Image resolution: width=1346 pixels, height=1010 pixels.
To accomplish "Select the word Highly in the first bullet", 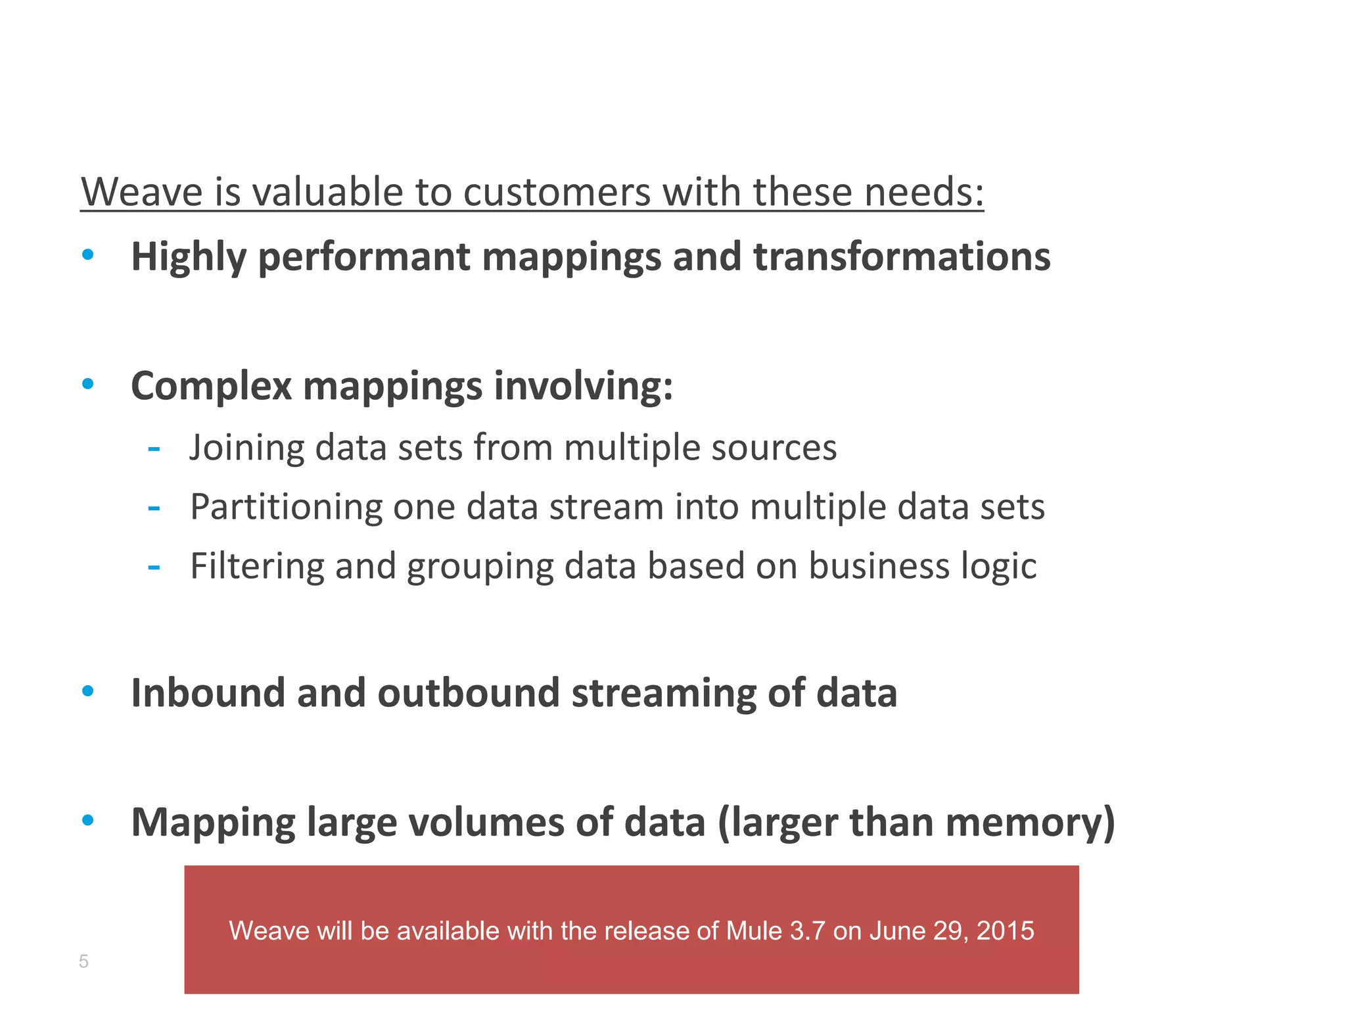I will point(189,257).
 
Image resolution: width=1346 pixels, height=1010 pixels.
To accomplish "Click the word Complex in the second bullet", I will point(211,386).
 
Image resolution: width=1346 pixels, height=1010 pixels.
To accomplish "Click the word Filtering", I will point(256,566).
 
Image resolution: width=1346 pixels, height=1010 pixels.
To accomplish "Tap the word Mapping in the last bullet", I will point(213,823).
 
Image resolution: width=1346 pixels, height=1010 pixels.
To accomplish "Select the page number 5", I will point(83,961).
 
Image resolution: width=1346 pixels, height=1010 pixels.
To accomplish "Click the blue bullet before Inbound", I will point(88,690).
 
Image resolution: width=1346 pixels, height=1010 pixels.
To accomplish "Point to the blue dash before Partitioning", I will point(154,508).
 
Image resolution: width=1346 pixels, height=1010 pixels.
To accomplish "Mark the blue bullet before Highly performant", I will point(88,254).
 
